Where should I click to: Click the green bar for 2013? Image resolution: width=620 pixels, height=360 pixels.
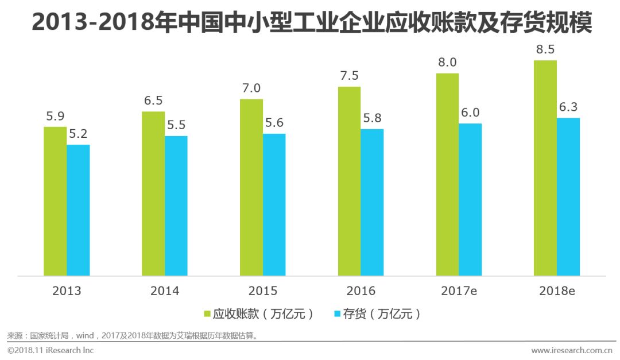55,201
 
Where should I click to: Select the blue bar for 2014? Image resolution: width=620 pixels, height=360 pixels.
176,206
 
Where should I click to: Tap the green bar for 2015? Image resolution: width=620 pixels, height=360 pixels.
251,187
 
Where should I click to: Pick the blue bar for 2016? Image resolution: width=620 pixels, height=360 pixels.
372,202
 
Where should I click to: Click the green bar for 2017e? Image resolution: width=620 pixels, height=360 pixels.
447,175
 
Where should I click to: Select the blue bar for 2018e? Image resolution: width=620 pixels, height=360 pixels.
568,197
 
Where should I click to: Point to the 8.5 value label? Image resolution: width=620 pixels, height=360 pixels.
545,49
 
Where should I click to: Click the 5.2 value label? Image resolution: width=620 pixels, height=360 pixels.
78,134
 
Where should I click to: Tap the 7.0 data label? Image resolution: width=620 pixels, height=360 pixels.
251,88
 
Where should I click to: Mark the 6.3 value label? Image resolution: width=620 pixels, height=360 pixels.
568,107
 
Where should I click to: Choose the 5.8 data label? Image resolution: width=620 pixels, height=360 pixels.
372,119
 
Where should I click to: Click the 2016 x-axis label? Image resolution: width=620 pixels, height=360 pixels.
361,291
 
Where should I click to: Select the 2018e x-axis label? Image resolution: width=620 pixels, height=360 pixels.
557,291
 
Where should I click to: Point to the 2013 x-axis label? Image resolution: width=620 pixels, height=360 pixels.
67,291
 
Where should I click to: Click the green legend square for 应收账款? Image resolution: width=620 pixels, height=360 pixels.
208,314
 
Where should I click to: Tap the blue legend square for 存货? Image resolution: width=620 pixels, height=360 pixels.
338,314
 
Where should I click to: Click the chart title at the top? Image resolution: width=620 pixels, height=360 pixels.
310,23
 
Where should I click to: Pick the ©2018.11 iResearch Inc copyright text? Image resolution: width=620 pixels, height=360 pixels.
51,350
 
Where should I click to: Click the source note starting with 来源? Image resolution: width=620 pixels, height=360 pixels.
132,335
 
